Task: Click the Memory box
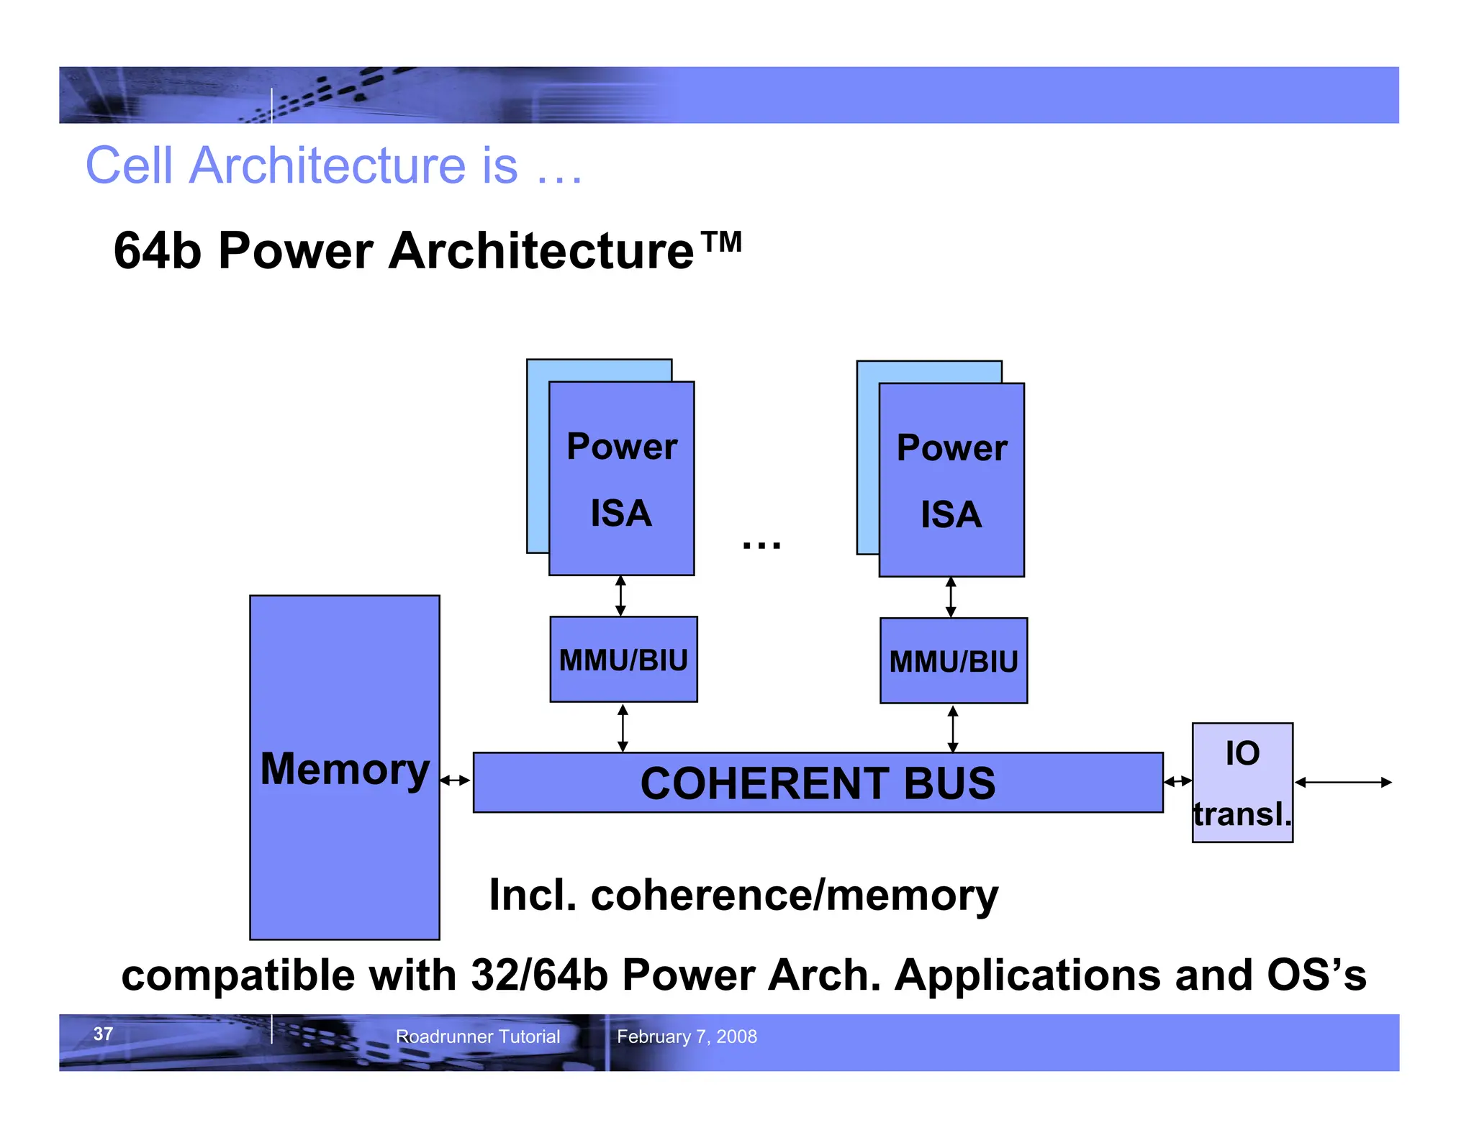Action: [x=344, y=767]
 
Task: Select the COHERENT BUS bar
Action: [x=818, y=783]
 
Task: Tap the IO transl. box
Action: [x=1242, y=783]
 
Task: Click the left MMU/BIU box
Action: [x=623, y=659]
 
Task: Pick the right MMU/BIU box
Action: [x=954, y=660]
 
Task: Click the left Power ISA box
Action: [x=621, y=478]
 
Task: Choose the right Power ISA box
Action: [x=951, y=480]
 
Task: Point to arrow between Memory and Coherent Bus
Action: [x=456, y=780]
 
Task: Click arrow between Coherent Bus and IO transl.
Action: [x=1178, y=781]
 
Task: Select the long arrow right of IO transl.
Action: [x=1343, y=782]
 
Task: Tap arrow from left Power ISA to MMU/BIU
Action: [x=620, y=596]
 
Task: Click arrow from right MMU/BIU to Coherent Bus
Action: [x=953, y=729]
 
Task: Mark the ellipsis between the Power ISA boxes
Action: [x=761, y=545]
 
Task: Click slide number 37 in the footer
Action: [x=103, y=1034]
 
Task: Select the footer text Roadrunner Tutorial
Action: [x=478, y=1037]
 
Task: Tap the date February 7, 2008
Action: [x=687, y=1037]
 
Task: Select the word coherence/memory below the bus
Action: [x=794, y=896]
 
